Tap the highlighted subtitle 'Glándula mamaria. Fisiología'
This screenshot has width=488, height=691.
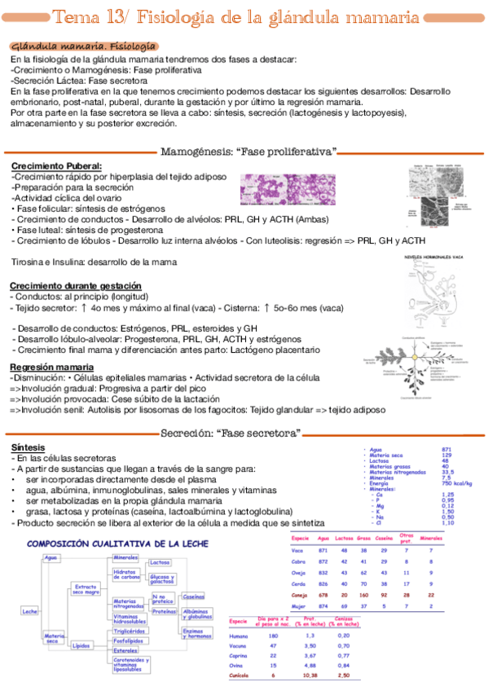click(84, 46)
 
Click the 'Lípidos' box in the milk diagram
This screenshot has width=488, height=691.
click(81, 645)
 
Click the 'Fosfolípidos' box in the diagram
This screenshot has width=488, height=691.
click(129, 640)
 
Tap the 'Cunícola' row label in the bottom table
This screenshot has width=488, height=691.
click(240, 676)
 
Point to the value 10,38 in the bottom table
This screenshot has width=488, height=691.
click(310, 676)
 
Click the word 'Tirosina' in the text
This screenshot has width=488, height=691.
click(28, 262)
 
